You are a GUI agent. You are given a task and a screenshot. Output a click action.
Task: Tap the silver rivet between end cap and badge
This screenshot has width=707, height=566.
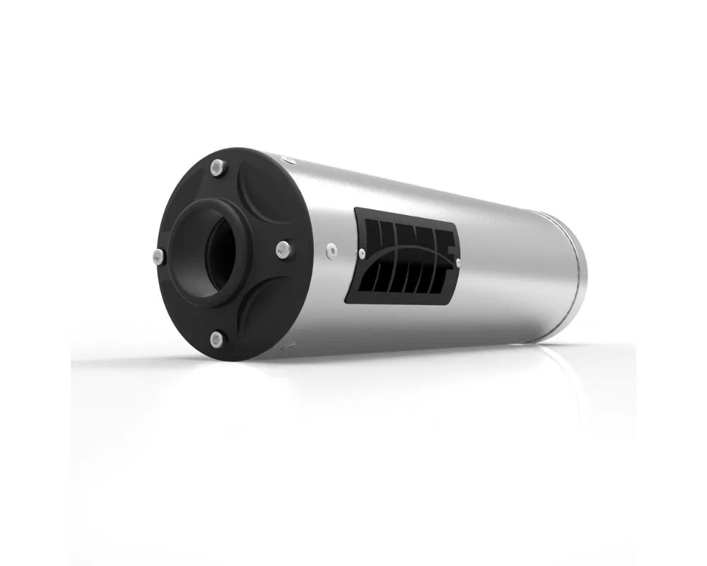pos(329,248)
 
